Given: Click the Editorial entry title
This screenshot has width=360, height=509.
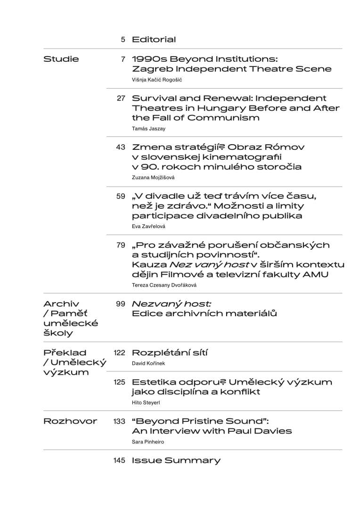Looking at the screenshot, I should [x=154, y=40].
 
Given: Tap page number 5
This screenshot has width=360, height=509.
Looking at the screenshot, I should [x=123, y=40].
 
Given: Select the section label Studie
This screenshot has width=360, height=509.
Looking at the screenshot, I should [x=61, y=59].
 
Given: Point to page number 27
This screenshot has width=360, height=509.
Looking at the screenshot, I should [x=121, y=99].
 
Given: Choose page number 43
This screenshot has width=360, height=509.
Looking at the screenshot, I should [x=121, y=148].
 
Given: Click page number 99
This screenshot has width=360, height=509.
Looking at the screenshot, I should [x=121, y=304].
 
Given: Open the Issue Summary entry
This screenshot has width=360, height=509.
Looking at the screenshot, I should [x=176, y=461].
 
